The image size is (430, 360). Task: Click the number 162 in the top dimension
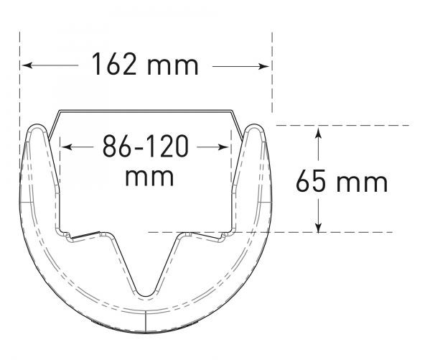[114, 64]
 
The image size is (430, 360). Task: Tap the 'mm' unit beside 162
[173, 66]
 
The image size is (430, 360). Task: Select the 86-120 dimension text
[146, 146]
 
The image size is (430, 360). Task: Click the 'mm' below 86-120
[149, 177]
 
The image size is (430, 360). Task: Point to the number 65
[311, 181]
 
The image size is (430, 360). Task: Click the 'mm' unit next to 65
[362, 183]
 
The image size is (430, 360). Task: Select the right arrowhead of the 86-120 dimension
[223, 147]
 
